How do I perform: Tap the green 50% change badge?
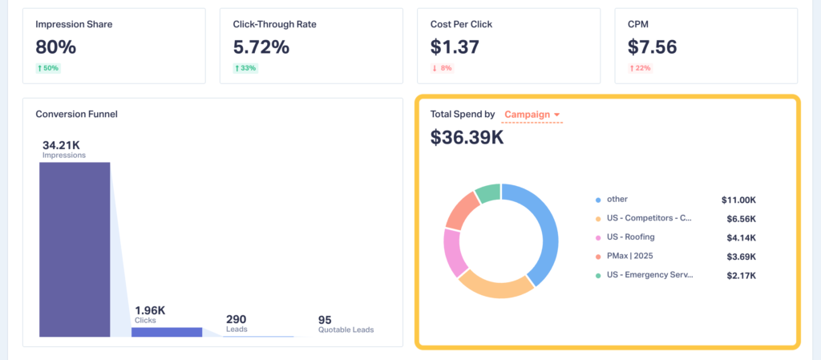tap(48, 68)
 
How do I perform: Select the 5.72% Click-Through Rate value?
tap(261, 47)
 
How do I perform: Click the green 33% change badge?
tap(245, 68)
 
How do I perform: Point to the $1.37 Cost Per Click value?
tap(455, 47)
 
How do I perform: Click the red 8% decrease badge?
tap(443, 68)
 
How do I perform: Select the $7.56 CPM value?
tap(652, 47)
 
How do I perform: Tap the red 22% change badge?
tap(640, 68)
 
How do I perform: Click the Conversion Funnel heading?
tap(76, 114)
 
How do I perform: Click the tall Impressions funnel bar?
tap(75, 249)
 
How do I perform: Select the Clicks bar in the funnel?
tap(167, 332)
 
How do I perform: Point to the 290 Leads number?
tap(236, 318)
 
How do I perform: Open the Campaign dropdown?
tap(532, 115)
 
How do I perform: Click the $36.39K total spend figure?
tap(467, 137)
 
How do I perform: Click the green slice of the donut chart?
tap(488, 193)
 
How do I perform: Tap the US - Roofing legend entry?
tap(630, 237)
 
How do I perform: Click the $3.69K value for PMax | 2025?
tap(738, 257)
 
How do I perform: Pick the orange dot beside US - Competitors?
tap(598, 218)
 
